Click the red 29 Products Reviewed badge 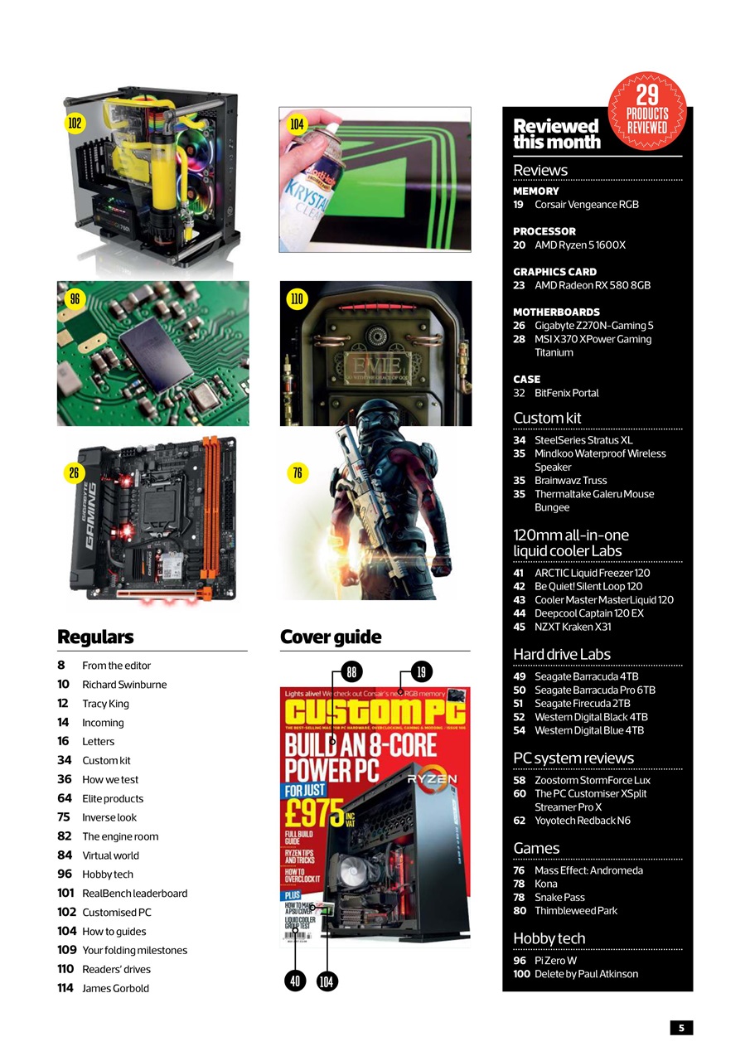coord(647,111)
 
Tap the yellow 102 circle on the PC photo coord(75,124)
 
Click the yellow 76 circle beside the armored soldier coord(298,473)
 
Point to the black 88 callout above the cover coord(351,671)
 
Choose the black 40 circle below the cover coord(295,981)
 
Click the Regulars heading coord(95,637)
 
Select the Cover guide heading coord(331,637)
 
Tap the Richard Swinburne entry coord(123,685)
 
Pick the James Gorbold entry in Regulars coord(115,988)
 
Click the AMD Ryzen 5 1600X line coord(579,245)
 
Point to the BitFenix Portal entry coord(566,393)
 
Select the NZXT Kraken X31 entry coord(573,627)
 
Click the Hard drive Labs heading coord(562,654)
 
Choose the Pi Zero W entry coord(555,961)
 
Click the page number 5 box coord(681,1028)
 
